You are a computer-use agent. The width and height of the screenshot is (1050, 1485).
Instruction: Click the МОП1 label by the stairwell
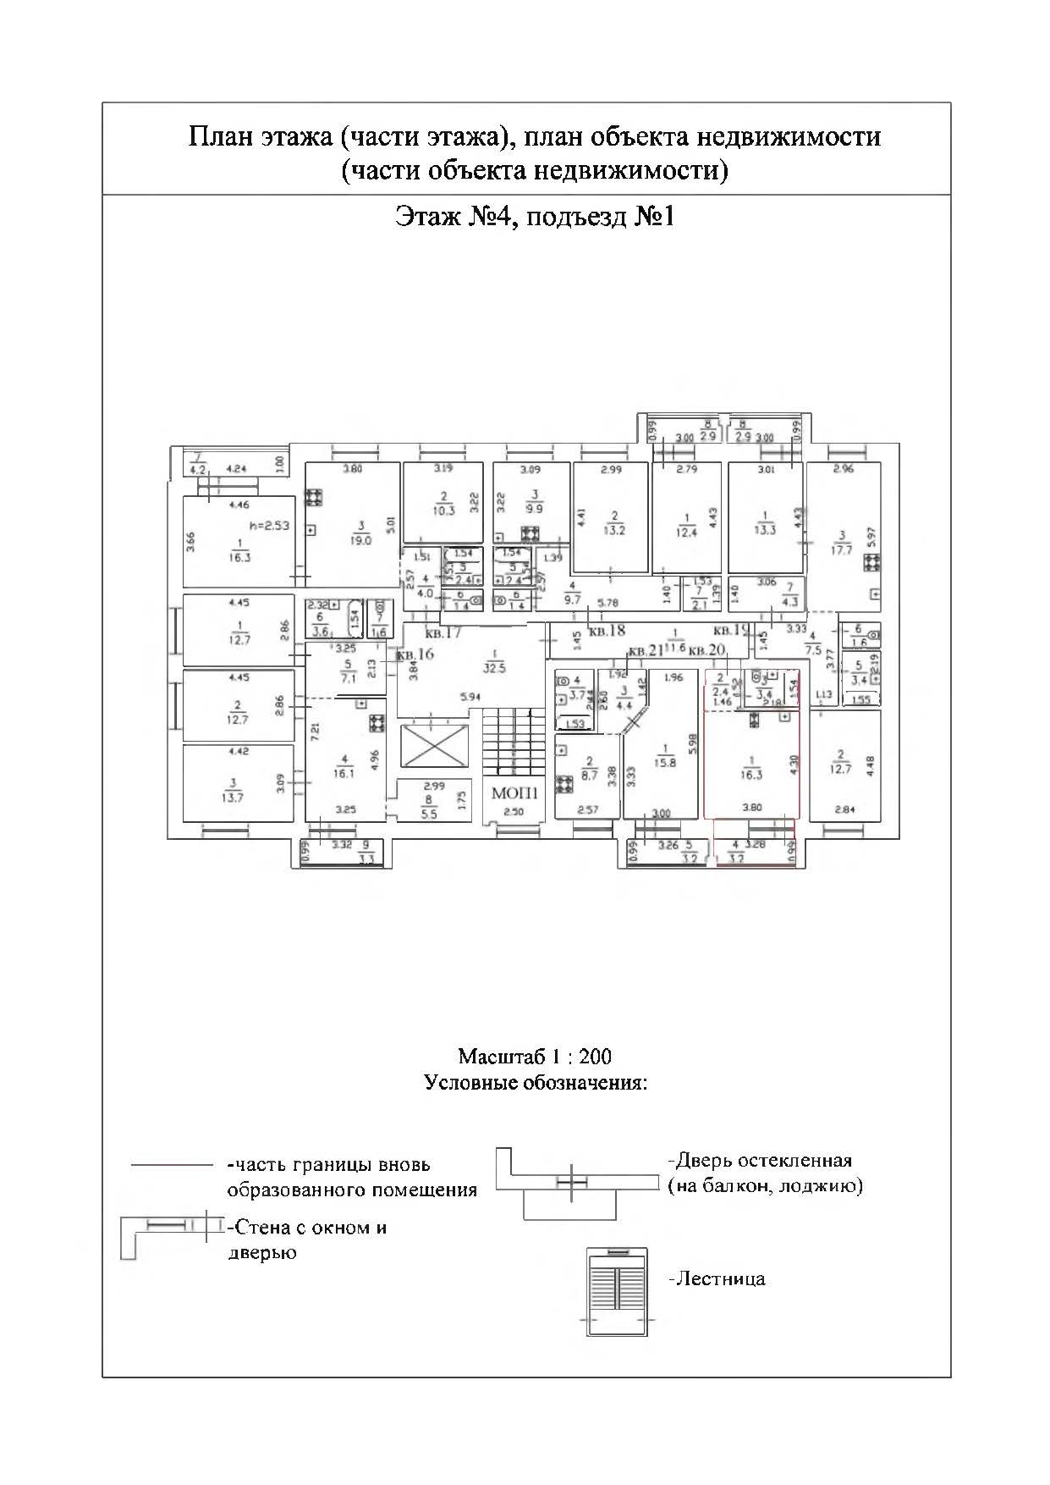click(x=514, y=793)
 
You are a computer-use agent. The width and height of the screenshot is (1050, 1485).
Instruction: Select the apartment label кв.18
click(x=607, y=631)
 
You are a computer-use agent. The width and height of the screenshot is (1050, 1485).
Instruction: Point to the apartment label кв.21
click(x=647, y=650)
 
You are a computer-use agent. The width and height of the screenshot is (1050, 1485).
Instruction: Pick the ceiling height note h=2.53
click(x=269, y=525)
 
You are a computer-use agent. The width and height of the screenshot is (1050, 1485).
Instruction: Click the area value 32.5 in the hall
click(x=495, y=667)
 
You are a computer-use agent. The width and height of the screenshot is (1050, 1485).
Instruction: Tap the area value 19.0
click(x=360, y=539)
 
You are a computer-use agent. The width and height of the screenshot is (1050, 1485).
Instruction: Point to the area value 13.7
click(x=233, y=797)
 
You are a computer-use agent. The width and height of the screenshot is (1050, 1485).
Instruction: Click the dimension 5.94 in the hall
click(x=470, y=697)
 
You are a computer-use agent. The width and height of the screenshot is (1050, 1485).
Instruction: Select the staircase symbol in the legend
click(x=618, y=1291)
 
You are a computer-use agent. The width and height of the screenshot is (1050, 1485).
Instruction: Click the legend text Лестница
click(x=718, y=1278)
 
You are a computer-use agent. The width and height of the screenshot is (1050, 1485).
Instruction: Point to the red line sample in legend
click(x=172, y=1165)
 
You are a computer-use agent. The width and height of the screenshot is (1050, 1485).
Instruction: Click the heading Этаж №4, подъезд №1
click(x=535, y=218)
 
